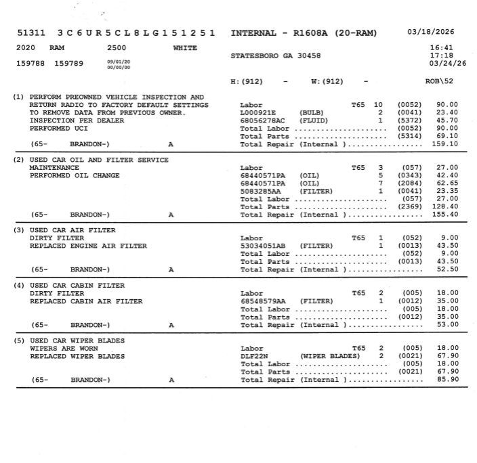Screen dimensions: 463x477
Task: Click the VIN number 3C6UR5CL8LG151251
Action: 136,32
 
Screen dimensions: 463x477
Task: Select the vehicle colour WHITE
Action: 185,48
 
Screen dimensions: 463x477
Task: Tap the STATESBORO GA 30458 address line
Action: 276,55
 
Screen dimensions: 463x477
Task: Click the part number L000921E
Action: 258,112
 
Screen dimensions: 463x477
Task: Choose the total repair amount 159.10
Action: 445,144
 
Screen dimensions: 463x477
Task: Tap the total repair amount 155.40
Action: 445,215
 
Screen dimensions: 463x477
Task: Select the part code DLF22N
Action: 253,356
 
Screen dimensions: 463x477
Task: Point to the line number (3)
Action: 19,230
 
